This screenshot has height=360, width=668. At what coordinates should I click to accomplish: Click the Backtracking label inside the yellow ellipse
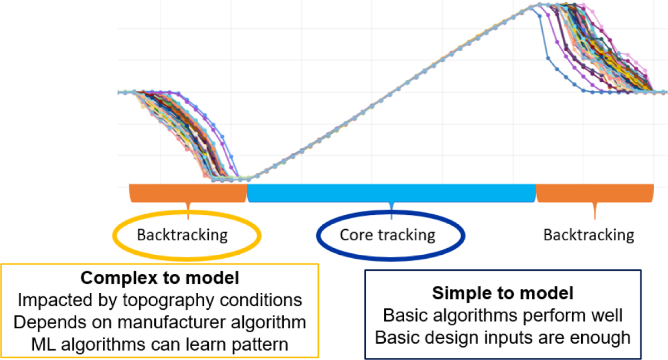click(x=182, y=235)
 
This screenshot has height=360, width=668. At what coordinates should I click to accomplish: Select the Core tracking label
click(x=387, y=235)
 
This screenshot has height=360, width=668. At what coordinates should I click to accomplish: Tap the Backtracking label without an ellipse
click(x=589, y=235)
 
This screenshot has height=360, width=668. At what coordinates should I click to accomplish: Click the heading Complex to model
click(x=160, y=278)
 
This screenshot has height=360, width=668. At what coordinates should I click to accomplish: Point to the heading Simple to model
click(x=503, y=293)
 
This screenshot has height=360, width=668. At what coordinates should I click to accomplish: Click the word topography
click(x=169, y=300)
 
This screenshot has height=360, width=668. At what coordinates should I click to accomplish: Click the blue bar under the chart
click(x=391, y=193)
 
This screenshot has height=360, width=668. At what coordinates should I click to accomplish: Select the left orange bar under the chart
click(x=188, y=193)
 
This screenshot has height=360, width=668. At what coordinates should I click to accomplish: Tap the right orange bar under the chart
click(x=595, y=193)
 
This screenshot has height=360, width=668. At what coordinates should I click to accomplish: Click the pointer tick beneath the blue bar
click(x=391, y=211)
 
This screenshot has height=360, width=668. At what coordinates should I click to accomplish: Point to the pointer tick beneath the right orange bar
click(x=595, y=211)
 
